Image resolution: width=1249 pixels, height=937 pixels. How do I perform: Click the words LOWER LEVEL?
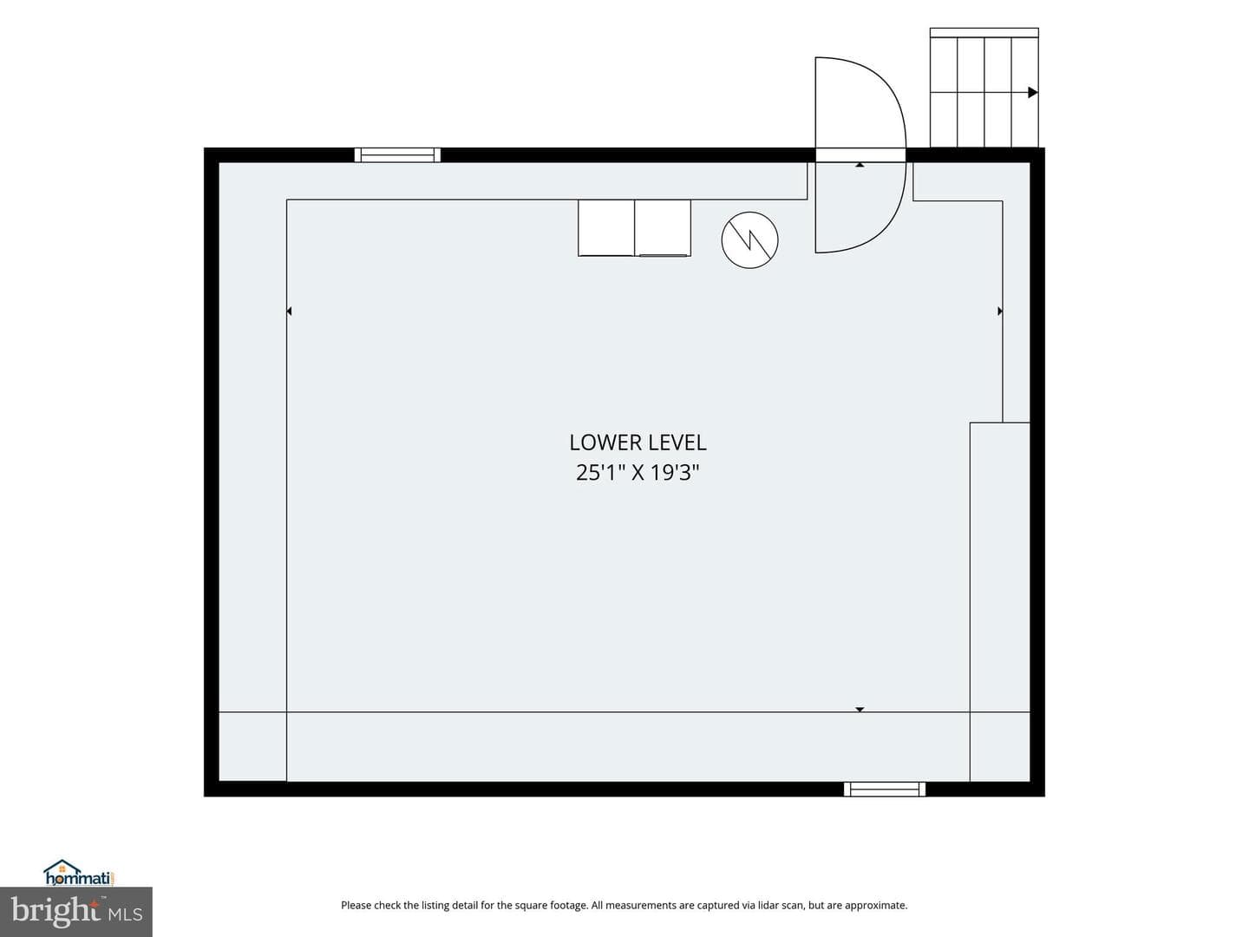point(638,442)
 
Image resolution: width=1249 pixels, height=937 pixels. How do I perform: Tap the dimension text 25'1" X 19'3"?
point(638,472)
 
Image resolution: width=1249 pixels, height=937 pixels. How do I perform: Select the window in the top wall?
point(397,154)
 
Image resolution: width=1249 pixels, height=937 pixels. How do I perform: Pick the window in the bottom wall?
point(884,789)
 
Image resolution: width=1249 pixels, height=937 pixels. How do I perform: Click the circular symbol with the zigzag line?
point(749,239)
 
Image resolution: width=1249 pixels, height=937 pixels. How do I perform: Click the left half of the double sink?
point(606,227)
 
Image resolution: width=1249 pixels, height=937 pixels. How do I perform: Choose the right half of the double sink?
point(663,227)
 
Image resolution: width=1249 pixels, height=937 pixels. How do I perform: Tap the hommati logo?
point(79,873)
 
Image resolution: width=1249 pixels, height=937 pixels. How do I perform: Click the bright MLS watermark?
point(76,912)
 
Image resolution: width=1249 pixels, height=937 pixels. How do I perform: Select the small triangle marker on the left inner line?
point(289,311)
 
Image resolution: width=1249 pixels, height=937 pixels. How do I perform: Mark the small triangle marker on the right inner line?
point(1000,311)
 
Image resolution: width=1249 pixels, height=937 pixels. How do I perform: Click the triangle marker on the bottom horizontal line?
point(860,710)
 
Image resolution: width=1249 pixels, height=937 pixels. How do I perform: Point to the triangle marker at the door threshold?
point(860,165)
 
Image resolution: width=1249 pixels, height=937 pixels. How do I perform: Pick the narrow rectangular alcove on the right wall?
point(1000,602)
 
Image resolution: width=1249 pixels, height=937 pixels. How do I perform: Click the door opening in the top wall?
point(860,154)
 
